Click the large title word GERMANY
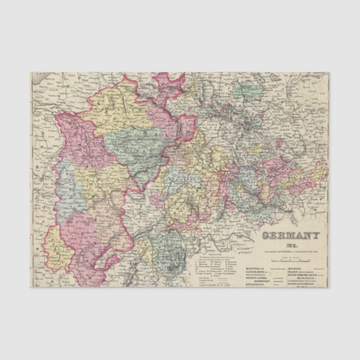click(284, 236)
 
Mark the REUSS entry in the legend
click(293, 272)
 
